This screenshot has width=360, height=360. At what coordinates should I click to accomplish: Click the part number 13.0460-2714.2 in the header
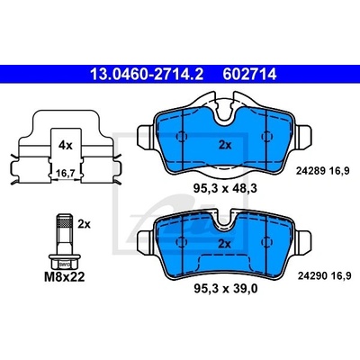pos(147,75)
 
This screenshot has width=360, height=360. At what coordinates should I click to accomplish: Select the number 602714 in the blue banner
pos(249,75)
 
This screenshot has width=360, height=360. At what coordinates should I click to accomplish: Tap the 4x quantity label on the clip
pos(66,146)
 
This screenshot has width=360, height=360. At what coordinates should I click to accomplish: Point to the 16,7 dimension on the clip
pos(66,173)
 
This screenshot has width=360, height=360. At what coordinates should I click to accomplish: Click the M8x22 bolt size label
pos(65,277)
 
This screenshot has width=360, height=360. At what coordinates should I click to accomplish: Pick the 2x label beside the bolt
pos(84,224)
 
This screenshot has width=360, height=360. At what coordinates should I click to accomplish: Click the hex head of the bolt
pos(65,262)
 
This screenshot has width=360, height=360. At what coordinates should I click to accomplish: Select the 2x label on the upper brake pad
pos(225,146)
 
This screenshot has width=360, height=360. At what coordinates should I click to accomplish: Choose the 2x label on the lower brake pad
pos(224,244)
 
